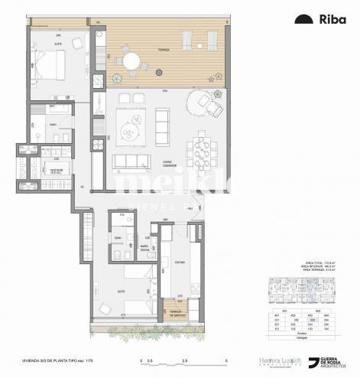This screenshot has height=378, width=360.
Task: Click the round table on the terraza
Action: click(x=132, y=59)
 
